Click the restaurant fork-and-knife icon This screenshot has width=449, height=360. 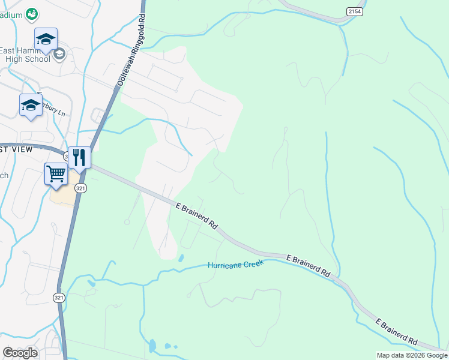(x=79, y=158)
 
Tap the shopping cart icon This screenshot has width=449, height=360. (x=56, y=175)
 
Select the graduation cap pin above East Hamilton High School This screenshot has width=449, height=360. (x=46, y=40)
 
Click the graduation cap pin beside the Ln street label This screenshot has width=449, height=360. (x=31, y=106)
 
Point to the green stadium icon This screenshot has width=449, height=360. (x=32, y=13)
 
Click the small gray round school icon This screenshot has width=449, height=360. (x=59, y=55)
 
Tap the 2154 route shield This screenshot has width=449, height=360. (x=354, y=11)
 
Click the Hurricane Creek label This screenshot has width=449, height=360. (x=236, y=264)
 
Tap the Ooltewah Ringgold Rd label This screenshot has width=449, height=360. (x=131, y=52)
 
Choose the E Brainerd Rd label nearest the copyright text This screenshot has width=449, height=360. (x=397, y=332)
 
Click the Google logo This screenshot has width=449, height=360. (x=20, y=353)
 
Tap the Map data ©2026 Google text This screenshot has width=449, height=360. (x=411, y=355)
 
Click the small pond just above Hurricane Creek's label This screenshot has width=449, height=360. (x=181, y=258)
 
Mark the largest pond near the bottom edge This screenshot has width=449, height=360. (x=152, y=346)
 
